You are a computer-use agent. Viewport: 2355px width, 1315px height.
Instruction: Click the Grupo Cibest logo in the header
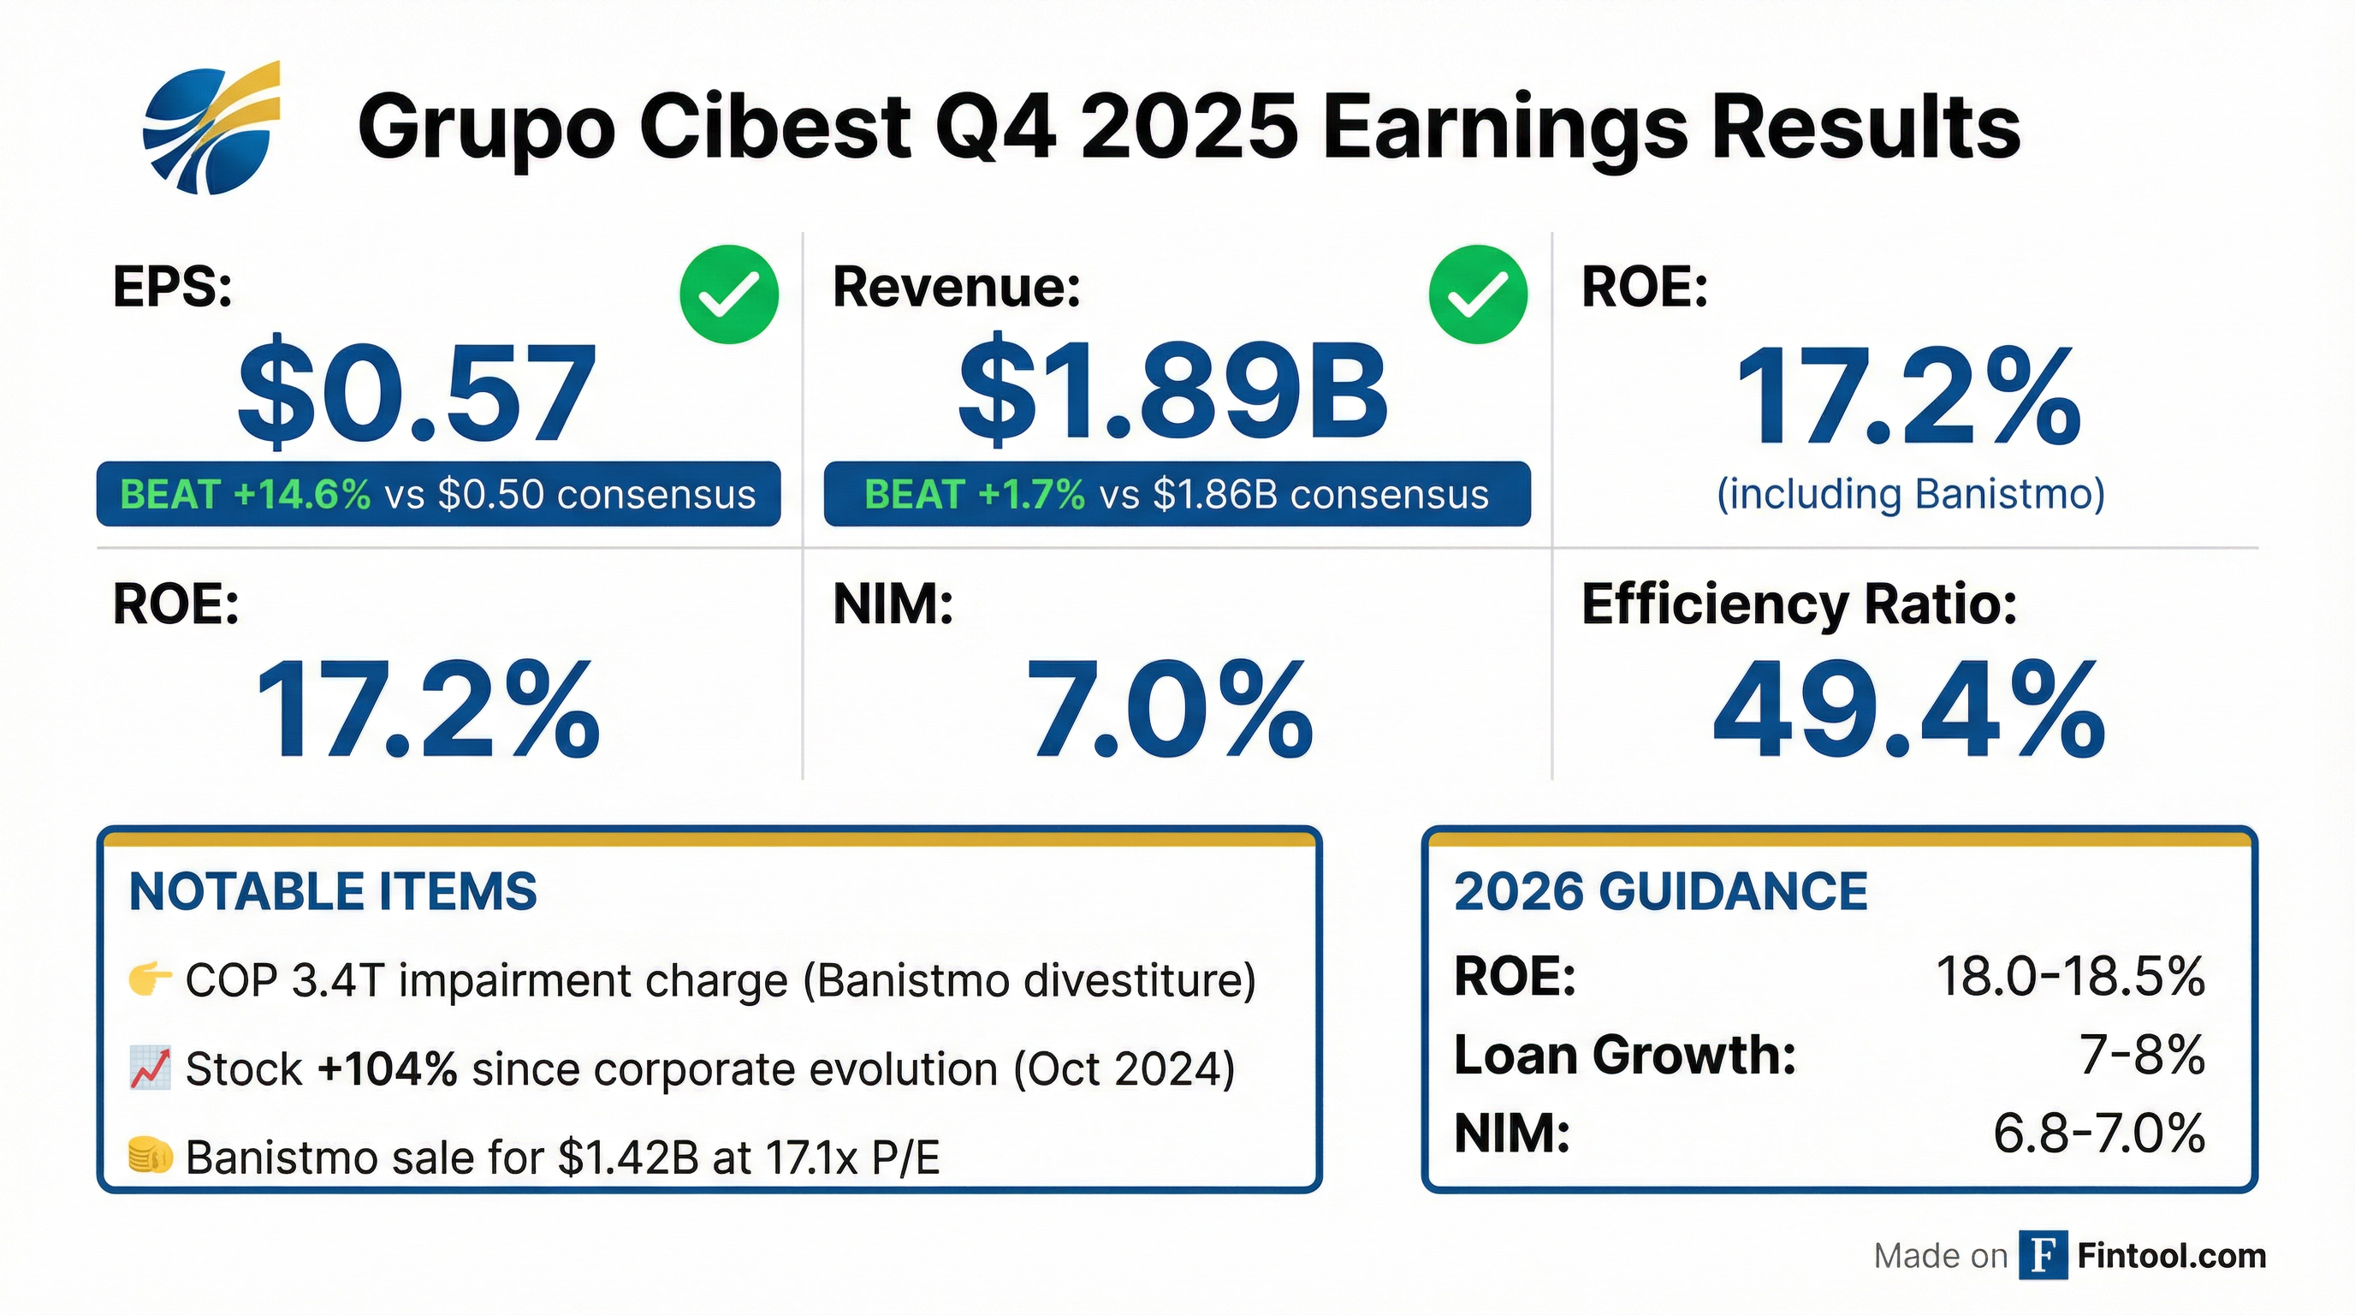(211, 128)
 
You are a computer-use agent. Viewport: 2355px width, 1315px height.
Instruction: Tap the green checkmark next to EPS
(728, 295)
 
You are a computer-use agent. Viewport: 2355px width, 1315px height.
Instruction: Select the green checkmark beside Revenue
(1477, 295)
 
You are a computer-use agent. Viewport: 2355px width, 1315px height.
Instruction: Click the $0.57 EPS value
(417, 393)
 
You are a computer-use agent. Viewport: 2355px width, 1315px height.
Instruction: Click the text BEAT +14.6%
(245, 495)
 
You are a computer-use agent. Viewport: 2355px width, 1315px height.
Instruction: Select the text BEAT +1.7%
(975, 495)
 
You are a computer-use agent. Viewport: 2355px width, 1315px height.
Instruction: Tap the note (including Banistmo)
(1911, 494)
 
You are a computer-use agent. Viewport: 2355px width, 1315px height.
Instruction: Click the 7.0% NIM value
(1170, 711)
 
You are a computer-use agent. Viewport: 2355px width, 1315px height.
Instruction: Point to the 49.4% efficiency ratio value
(1909, 711)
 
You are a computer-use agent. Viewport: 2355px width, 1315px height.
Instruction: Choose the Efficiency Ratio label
(1799, 604)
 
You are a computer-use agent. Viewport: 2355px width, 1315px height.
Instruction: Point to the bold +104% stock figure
(387, 1069)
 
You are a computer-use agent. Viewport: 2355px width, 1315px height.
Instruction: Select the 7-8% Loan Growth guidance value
(2142, 1056)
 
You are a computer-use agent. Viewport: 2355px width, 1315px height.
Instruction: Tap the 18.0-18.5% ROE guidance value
(2071, 977)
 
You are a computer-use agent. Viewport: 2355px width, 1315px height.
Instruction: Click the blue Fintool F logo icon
(2043, 1256)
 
